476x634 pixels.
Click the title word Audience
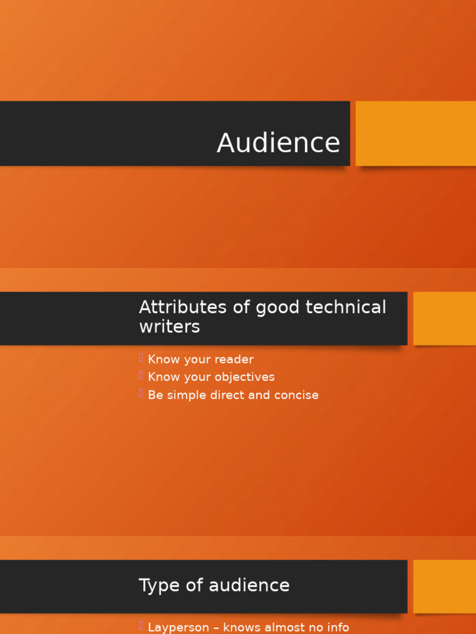(x=278, y=143)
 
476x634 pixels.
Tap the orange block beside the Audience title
(x=415, y=133)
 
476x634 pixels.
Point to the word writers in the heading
(x=169, y=327)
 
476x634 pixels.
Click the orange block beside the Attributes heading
(x=444, y=318)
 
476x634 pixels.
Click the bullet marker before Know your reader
(x=141, y=358)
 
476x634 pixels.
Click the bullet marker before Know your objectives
(x=141, y=375)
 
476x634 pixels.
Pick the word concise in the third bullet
(x=297, y=395)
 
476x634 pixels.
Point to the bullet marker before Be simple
(x=141, y=393)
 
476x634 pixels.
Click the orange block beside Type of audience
(x=444, y=586)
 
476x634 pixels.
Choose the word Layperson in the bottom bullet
(x=178, y=628)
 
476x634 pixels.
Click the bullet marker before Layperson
(x=141, y=626)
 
